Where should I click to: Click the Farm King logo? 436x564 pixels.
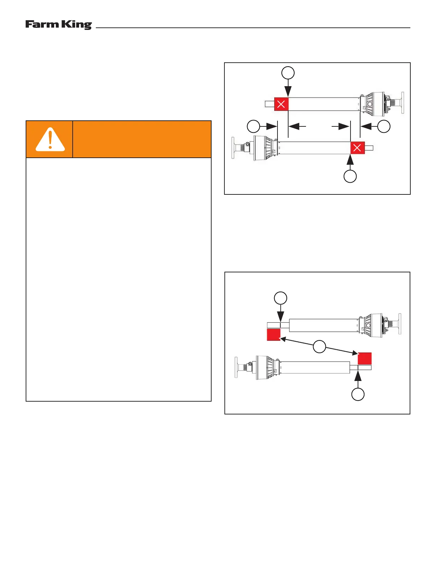58,25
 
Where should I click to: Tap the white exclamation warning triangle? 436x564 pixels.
50,140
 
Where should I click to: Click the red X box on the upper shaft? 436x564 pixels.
281,104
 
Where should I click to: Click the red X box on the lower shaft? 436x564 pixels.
357,148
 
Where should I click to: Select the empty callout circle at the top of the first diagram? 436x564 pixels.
288,73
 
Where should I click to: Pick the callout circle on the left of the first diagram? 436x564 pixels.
253,126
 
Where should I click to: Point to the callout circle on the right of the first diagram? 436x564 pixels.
384,126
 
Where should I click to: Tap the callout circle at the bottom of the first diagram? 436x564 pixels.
350,176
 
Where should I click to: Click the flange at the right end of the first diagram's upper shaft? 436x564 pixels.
403,103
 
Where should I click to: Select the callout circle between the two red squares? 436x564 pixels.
320,346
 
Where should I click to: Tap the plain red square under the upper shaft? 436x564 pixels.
274,335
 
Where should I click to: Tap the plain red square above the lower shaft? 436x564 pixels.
365,358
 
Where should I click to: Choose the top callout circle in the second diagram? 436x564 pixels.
280,298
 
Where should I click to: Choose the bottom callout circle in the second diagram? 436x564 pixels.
358,394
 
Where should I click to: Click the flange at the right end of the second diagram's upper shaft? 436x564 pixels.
399,324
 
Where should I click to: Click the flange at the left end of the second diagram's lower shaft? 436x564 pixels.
236,367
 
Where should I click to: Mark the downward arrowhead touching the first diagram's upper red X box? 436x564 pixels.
288,93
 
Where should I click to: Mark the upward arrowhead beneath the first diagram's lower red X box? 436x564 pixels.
351,160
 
